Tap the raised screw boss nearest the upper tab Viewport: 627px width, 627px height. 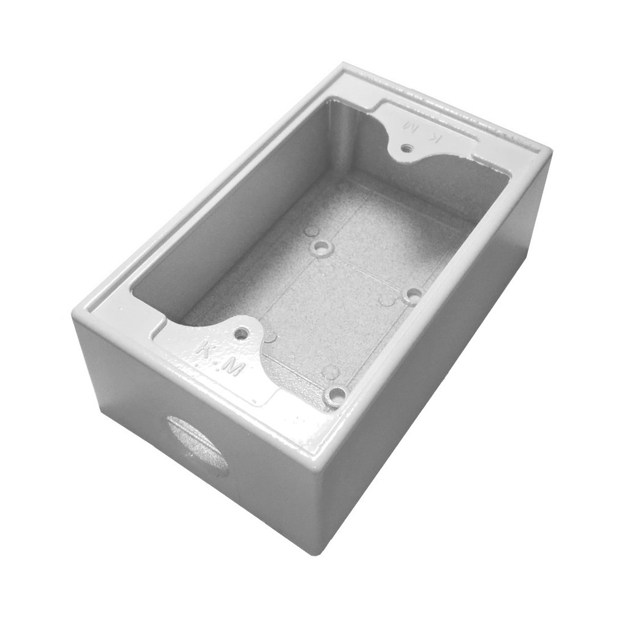point(321,249)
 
